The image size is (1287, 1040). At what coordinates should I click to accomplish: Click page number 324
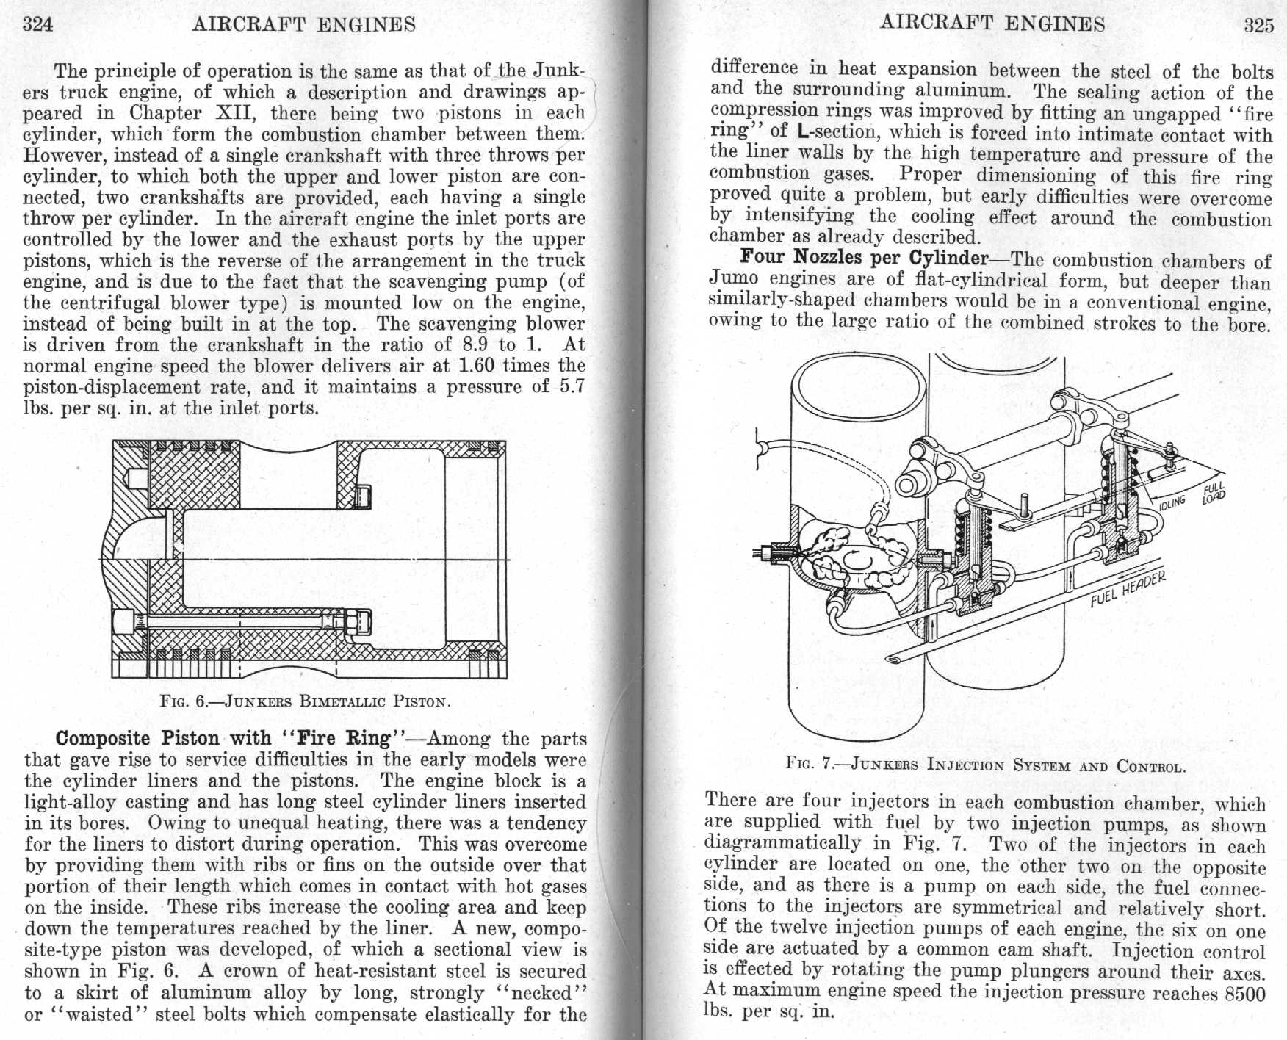pyautogui.click(x=38, y=24)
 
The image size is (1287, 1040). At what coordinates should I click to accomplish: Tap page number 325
pyautogui.click(x=1258, y=26)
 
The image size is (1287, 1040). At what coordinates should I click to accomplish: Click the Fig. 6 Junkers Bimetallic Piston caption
pyautogui.click(x=305, y=700)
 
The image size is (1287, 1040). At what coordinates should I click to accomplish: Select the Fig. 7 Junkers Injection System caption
pyautogui.click(x=985, y=765)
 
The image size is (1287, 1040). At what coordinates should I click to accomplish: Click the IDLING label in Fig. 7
pyautogui.click(x=1172, y=502)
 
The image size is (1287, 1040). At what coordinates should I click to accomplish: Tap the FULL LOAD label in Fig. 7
pyautogui.click(x=1213, y=494)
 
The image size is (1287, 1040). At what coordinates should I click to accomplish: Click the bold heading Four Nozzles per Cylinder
pyautogui.click(x=864, y=258)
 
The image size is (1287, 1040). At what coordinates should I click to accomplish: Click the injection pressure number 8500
pyautogui.click(x=1245, y=994)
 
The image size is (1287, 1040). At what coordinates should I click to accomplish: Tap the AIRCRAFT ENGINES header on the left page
pyautogui.click(x=304, y=24)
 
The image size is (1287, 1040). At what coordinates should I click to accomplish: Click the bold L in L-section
pyautogui.click(x=802, y=132)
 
